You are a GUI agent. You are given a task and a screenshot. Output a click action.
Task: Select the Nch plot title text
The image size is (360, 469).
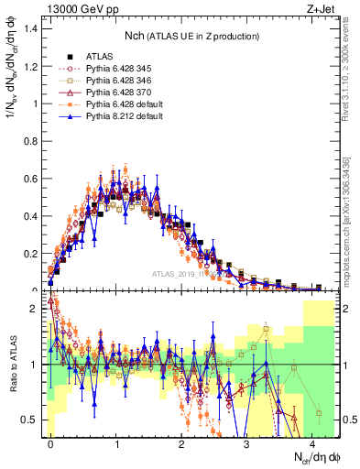pos(191,36)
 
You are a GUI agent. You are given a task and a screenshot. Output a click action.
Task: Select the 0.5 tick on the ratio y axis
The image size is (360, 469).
pos(32,420)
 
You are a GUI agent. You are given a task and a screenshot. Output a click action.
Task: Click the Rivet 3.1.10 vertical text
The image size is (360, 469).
pos(350,73)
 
